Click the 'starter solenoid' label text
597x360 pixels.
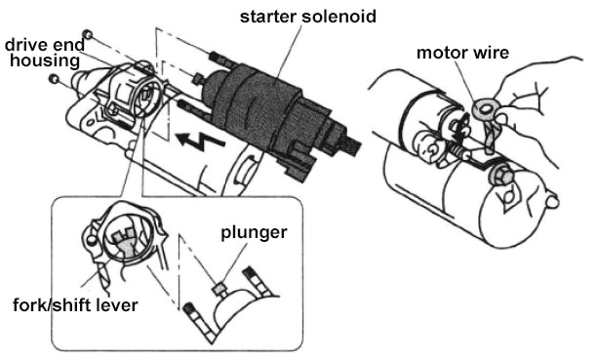[307, 17]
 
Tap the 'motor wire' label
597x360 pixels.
[462, 53]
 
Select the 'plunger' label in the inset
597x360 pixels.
[254, 233]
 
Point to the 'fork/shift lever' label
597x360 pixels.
[75, 305]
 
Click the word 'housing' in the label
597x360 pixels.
[45, 60]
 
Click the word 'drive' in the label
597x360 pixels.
[25, 45]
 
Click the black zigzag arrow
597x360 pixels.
[201, 140]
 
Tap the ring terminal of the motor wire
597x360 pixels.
[485, 109]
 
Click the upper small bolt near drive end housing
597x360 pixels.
[88, 34]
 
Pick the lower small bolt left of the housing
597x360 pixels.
[54, 78]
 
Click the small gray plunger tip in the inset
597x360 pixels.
[219, 289]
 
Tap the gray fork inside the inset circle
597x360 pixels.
[125, 243]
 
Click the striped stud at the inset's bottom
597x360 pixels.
[200, 323]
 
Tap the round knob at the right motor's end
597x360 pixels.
[552, 200]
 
